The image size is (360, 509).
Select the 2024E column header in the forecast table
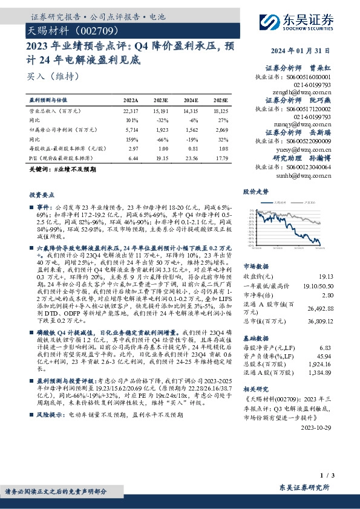[191, 100]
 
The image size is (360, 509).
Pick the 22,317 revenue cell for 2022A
[131, 111]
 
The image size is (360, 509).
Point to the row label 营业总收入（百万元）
[56, 111]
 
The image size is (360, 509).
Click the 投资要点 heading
[41, 195]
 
